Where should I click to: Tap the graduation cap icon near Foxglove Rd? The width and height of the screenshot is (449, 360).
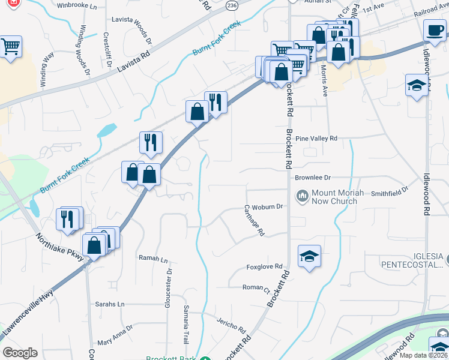click(x=309, y=256)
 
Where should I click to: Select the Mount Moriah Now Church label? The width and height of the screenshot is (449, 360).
click(x=334, y=197)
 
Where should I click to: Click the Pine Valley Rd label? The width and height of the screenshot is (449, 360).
click(x=316, y=138)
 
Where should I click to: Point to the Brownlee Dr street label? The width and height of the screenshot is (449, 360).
click(x=313, y=178)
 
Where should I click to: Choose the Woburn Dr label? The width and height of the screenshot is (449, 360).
click(x=267, y=206)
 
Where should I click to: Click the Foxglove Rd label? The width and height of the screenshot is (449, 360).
click(x=264, y=266)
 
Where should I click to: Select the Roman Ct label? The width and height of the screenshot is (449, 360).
click(x=256, y=288)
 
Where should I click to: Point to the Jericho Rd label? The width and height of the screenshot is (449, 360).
click(x=232, y=326)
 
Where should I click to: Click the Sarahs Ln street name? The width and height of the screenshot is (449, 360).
click(x=110, y=304)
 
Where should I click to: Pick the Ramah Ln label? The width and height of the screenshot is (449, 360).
click(x=153, y=259)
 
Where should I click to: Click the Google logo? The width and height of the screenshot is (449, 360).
click(x=20, y=353)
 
